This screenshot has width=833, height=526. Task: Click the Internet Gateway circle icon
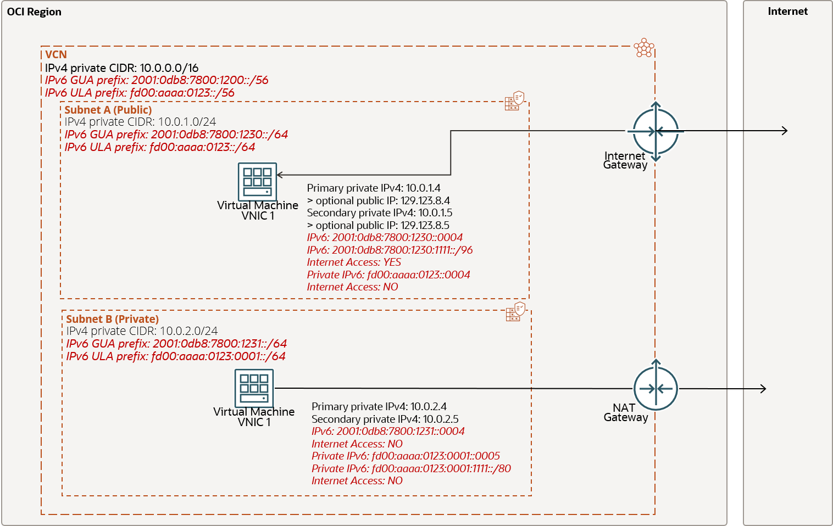point(656,131)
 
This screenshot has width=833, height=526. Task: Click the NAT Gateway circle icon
point(656,389)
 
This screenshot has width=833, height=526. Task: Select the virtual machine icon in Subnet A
point(257,182)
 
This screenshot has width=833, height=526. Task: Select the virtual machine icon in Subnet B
point(254,388)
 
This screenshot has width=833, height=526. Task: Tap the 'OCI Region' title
point(34,12)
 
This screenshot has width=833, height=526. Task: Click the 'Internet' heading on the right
point(787,12)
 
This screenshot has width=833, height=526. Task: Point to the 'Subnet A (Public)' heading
point(108,110)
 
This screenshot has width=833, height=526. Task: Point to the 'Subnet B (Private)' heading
point(112,319)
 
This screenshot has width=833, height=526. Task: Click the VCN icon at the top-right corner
point(643,48)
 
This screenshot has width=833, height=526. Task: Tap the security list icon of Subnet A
point(514,101)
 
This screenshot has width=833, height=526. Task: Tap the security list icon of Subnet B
point(515,312)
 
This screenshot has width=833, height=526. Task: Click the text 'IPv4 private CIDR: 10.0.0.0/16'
point(121,68)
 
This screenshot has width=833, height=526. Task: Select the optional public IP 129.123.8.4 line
point(379,201)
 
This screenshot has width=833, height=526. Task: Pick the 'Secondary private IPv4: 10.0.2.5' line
point(385,419)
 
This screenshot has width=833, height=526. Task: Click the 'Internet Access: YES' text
point(354,262)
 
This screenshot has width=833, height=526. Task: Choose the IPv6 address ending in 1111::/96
point(390,250)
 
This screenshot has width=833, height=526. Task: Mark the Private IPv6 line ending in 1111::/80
point(411,469)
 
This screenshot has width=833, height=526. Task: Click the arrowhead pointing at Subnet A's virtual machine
point(280,175)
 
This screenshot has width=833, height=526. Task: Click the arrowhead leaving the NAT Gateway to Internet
point(762,389)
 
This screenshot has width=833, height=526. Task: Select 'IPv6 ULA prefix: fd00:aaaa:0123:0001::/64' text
point(176,356)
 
